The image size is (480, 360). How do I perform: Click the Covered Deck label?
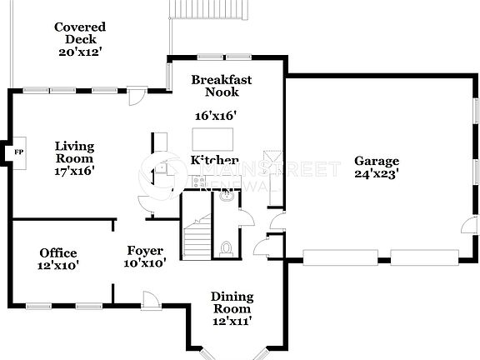(x=80, y=33)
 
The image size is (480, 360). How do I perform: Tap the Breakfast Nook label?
(x=221, y=86)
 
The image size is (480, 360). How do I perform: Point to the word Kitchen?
(x=214, y=161)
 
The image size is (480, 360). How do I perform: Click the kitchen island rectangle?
(x=213, y=137)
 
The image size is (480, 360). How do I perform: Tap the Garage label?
(x=377, y=161)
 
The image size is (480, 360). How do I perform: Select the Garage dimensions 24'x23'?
(x=377, y=175)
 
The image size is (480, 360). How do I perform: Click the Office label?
(x=58, y=253)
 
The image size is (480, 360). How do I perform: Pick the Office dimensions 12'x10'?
(x=58, y=266)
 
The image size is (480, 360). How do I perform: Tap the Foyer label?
(x=145, y=250)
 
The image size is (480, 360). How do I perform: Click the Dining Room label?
(x=232, y=302)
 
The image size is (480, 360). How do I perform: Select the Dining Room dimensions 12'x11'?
(x=232, y=320)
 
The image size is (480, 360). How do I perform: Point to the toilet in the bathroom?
(x=226, y=248)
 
